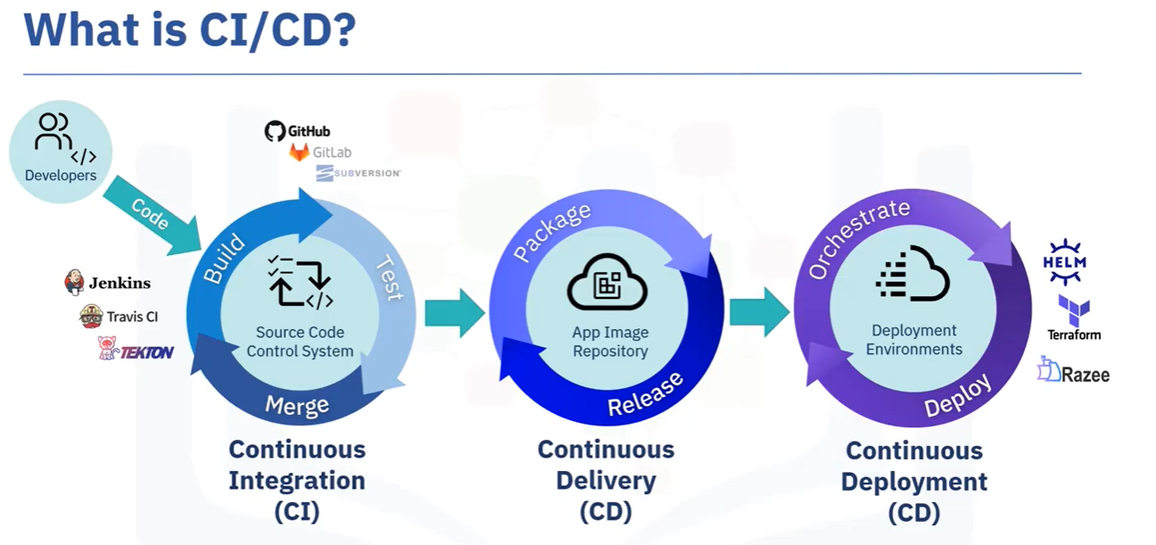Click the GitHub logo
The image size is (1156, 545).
pyautogui.click(x=275, y=131)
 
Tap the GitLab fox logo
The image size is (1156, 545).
pyautogui.click(x=300, y=153)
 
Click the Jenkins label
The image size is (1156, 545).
pyautogui.click(x=119, y=284)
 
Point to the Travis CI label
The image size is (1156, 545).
pyautogui.click(x=132, y=317)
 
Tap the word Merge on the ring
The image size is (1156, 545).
pyautogui.click(x=297, y=406)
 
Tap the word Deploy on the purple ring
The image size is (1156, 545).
pyautogui.click(x=958, y=396)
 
